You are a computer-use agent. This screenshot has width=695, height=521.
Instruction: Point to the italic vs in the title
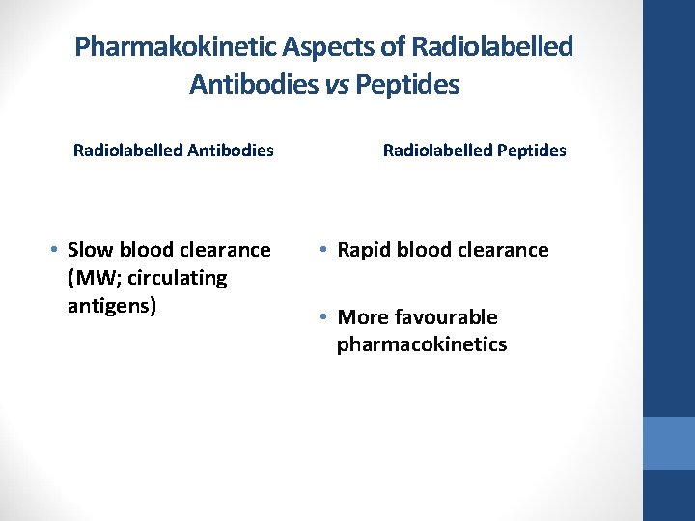pos(337,85)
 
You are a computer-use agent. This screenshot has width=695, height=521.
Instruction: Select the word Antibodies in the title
pos(254,85)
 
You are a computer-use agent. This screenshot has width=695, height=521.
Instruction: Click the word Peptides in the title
pos(407,85)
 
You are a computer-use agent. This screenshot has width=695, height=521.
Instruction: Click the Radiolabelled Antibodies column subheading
pos(174,151)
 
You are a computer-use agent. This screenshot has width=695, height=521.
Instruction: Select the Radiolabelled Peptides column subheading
pos(475,151)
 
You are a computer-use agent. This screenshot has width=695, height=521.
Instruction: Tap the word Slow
pos(93,250)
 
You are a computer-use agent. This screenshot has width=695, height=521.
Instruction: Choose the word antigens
pos(112,306)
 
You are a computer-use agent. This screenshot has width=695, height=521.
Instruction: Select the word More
pos(363,317)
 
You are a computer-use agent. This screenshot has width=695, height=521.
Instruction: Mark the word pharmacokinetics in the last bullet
pos(422,344)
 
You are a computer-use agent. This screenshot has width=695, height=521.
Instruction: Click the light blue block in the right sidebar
pos(669,443)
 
